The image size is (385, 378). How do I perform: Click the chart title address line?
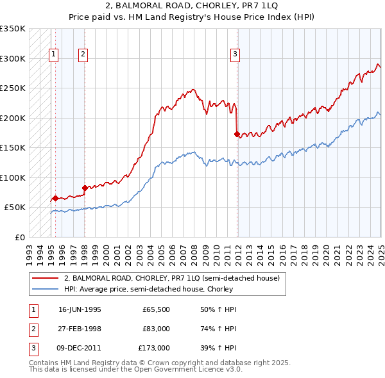tap(192, 6)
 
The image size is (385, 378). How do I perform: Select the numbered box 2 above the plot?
tap(83, 54)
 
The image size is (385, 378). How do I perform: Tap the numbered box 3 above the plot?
tap(235, 54)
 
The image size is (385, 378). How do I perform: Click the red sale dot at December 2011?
tap(237, 135)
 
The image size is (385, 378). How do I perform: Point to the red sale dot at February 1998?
tap(85, 188)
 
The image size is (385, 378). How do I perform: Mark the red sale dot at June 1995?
tap(55, 198)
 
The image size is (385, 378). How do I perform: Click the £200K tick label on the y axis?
tap(12, 118)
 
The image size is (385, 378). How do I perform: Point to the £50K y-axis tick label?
tap(15, 208)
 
